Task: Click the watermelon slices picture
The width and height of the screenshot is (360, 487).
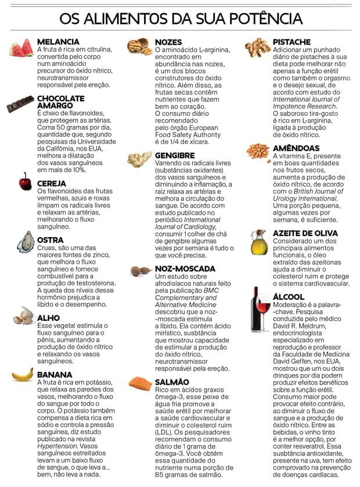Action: point(21,47)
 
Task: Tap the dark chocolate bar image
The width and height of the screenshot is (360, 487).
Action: point(20,104)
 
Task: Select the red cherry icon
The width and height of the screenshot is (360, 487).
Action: point(25,182)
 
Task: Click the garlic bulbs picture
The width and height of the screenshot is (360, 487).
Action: point(24,316)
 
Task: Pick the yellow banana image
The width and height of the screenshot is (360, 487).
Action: point(23,375)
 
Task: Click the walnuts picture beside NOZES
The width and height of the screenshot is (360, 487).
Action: point(139,46)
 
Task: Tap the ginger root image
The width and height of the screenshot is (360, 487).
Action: point(139,159)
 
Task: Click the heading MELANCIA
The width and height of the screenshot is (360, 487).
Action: point(58,42)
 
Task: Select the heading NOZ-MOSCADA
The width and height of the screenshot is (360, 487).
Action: point(185,269)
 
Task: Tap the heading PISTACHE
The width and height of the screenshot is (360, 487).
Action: point(292,42)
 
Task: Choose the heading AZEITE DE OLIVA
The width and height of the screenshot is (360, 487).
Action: point(305,233)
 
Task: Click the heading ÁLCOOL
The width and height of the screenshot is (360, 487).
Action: point(289,296)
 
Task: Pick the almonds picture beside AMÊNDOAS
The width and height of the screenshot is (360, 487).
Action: point(258,151)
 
